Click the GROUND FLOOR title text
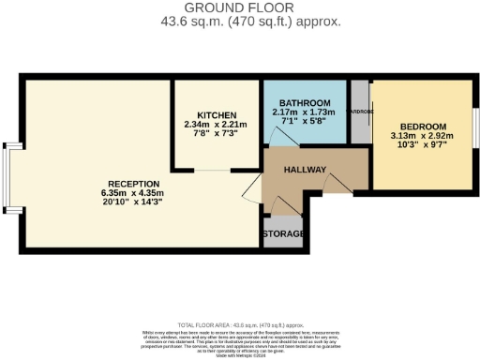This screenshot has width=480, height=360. pyautogui.click(x=240, y=7)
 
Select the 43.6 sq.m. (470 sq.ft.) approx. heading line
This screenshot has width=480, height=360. pyautogui.click(x=240, y=21)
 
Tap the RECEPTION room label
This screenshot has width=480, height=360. pyautogui.click(x=133, y=183)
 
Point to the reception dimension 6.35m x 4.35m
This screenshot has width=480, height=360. pyautogui.click(x=133, y=193)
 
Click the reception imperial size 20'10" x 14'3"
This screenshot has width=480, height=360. pyautogui.click(x=133, y=203)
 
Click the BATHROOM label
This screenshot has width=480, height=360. pyautogui.click(x=307, y=102)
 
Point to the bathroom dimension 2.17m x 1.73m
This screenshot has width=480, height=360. pyautogui.click(x=307, y=112)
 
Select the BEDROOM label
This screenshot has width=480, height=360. pyautogui.click(x=423, y=126)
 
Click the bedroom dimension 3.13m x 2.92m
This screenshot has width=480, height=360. pyautogui.click(x=423, y=136)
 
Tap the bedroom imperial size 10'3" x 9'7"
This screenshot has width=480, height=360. pyautogui.click(x=423, y=146)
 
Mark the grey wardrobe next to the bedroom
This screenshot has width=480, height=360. pyautogui.click(x=360, y=112)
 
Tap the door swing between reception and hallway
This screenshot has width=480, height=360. pyautogui.click(x=251, y=191)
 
